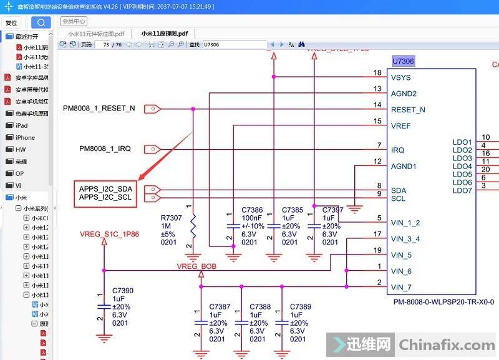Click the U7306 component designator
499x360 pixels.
403,61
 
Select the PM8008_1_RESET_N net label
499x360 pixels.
99,109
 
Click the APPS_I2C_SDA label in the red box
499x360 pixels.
105,188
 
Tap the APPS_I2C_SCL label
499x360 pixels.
105,197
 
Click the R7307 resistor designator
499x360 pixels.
172,218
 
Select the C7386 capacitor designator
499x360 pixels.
252,210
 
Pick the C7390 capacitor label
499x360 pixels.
123,291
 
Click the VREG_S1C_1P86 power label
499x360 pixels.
109,235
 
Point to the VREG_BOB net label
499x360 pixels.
196,266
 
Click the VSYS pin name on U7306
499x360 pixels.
400,78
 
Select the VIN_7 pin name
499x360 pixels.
401,288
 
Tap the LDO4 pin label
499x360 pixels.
462,167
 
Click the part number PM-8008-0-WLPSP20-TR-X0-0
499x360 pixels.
443,302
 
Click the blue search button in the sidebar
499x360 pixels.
41,22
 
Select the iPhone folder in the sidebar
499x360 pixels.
25,137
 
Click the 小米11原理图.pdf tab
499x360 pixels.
164,33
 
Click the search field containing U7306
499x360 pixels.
233,45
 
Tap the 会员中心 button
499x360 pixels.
74,21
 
